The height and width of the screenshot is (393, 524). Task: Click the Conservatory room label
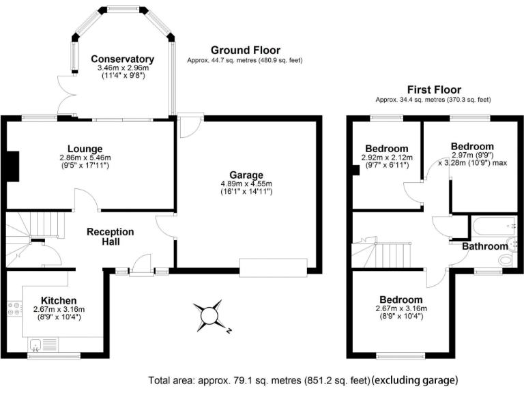[x=122, y=59]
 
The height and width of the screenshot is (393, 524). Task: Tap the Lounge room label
[x=85, y=149]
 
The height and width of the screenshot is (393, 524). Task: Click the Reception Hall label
[x=111, y=237]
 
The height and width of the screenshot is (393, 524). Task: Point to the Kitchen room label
[x=59, y=300]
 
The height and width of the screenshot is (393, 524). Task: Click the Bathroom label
[x=484, y=246]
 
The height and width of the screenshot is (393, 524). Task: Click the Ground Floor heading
[x=245, y=50]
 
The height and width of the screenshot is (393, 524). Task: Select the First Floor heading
[x=433, y=89]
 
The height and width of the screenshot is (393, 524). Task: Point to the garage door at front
[x=273, y=268]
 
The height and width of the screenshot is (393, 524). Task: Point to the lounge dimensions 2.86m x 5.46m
[x=85, y=158]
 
